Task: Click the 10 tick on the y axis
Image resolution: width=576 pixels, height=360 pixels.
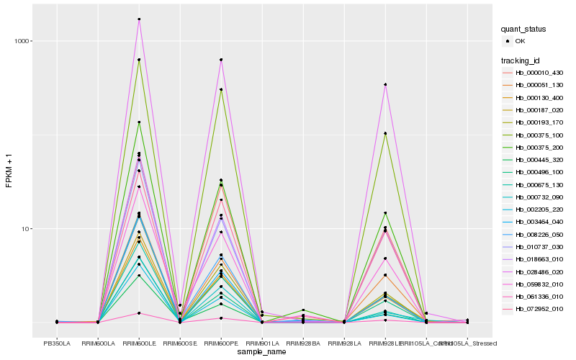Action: click(24, 229)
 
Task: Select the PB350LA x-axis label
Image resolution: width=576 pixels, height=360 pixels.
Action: click(57, 343)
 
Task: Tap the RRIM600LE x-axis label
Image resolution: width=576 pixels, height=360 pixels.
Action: click(139, 343)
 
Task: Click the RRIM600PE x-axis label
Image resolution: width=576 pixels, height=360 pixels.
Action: click(221, 343)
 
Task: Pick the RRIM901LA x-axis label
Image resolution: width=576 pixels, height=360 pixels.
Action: click(262, 343)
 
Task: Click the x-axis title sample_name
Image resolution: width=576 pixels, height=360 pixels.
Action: click(262, 352)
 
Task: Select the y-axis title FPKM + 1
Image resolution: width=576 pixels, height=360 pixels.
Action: click(9, 172)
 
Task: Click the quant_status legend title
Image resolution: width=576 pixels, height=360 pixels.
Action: click(523, 30)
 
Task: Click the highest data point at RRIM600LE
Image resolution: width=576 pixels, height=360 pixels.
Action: click(139, 19)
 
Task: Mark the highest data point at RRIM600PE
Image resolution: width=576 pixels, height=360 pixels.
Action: click(221, 60)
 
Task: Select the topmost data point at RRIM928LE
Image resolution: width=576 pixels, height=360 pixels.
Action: click(385, 85)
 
